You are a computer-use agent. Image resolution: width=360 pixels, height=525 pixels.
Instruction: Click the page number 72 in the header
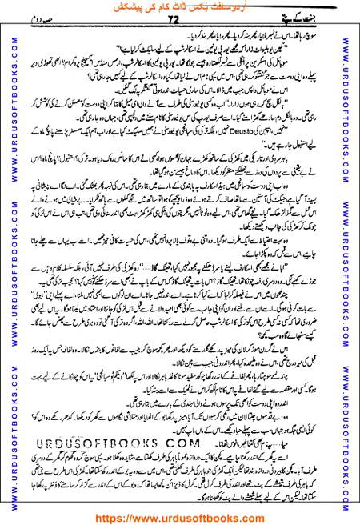[178, 26]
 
